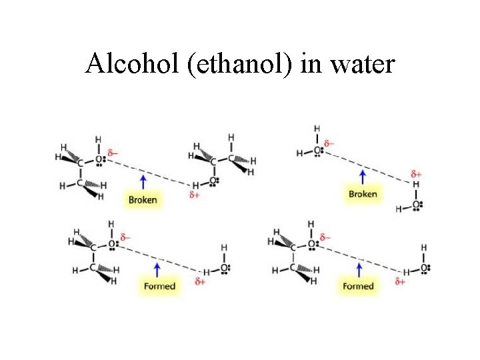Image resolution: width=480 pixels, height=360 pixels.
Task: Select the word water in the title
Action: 363,65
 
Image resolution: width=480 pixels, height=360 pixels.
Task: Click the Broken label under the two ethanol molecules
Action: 143,199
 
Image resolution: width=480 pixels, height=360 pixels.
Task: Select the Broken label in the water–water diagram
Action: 363,194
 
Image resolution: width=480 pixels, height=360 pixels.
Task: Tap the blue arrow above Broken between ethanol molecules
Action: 143,181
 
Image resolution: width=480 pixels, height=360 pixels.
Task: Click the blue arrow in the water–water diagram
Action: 363,177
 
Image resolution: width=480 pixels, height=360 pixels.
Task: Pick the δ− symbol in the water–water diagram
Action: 329,143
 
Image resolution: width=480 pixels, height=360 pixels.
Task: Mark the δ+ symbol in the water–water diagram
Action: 416,174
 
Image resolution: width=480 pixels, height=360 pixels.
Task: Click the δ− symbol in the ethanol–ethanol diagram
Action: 113,153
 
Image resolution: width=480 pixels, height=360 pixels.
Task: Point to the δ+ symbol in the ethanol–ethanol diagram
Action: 195,195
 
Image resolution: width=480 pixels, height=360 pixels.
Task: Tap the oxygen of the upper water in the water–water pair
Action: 317,152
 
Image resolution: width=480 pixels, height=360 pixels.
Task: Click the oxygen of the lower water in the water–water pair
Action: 416,205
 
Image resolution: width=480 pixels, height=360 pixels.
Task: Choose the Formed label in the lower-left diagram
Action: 159,286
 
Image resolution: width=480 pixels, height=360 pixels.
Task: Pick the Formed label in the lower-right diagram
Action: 359,286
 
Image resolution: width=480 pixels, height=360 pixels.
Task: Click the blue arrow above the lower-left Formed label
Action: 157,269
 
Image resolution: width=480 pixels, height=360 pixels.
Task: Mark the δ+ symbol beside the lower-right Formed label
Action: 400,281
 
